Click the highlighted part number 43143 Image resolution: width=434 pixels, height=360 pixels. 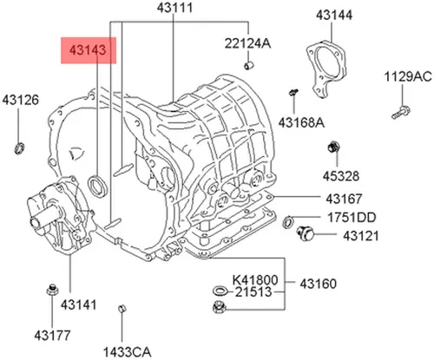click(88, 50)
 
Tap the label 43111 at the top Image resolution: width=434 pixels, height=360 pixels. click(174, 8)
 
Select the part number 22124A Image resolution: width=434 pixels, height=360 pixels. click(247, 43)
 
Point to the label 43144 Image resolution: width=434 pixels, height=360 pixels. click(334, 15)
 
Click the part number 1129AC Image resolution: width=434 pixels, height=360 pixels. click(408, 77)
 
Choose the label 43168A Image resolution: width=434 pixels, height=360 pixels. click(301, 122)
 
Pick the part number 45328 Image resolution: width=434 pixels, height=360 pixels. click(341, 176)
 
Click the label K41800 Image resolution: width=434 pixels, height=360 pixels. click(255, 280)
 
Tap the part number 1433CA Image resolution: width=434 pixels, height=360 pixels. click(128, 352)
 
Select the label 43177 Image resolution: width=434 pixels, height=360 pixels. click(52, 335)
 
